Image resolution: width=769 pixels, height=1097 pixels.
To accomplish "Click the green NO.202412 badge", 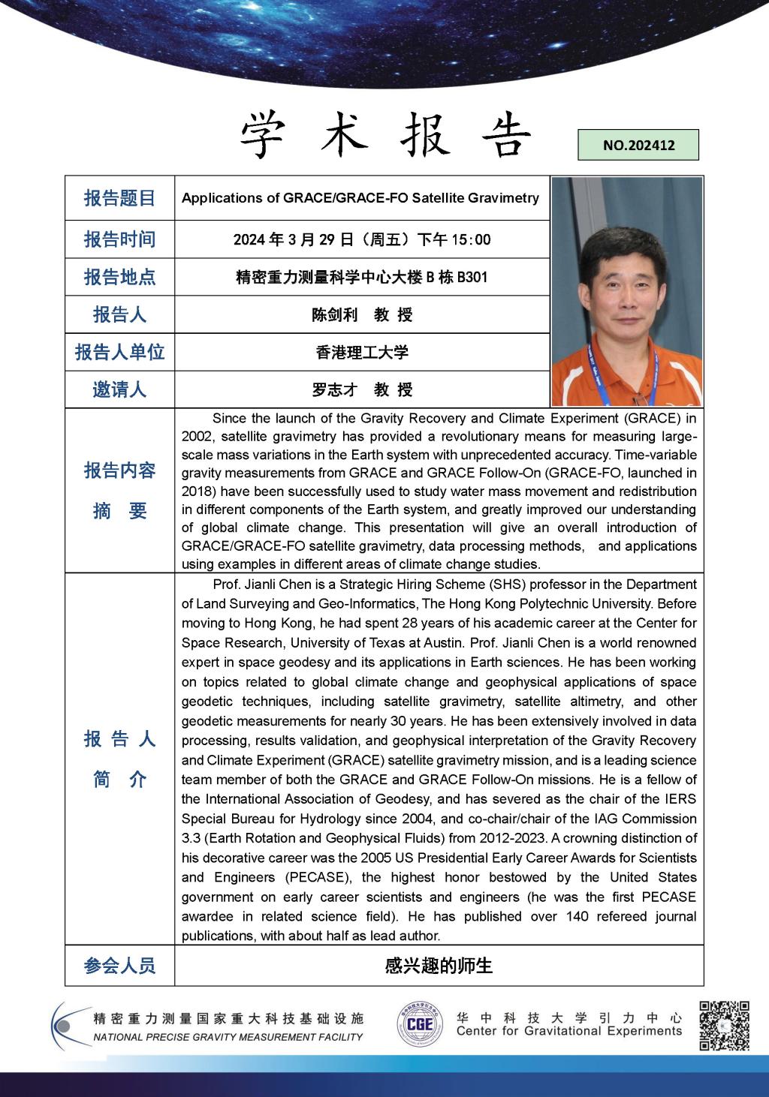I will point(638,145).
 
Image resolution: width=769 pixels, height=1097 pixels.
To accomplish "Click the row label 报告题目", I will point(119,198).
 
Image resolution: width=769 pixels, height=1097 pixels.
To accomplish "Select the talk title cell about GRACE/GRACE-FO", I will point(360,198).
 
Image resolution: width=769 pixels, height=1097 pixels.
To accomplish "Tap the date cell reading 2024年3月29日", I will point(362,239).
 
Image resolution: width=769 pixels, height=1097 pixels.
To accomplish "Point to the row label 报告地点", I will point(119,277).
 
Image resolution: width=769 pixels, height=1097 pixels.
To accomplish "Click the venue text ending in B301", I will point(362,277).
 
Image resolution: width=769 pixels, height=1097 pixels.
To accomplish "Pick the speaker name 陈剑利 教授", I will point(362,314).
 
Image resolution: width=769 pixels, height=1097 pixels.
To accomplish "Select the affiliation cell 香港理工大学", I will point(362,352).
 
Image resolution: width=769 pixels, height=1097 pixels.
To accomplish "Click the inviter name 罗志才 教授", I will point(362,389).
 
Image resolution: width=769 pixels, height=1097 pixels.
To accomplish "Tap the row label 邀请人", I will point(119,389).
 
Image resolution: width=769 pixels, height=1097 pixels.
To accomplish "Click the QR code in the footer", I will point(724,1025).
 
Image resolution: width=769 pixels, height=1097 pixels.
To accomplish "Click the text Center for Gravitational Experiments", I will point(568,1032).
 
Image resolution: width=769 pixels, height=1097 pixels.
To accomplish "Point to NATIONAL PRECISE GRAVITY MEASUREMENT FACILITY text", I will point(228,1037).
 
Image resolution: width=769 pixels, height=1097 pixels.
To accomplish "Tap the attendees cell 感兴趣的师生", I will point(439,966).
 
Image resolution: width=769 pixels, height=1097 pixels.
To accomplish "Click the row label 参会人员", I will point(119,966).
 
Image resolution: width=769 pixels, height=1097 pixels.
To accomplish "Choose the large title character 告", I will point(505,135).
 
